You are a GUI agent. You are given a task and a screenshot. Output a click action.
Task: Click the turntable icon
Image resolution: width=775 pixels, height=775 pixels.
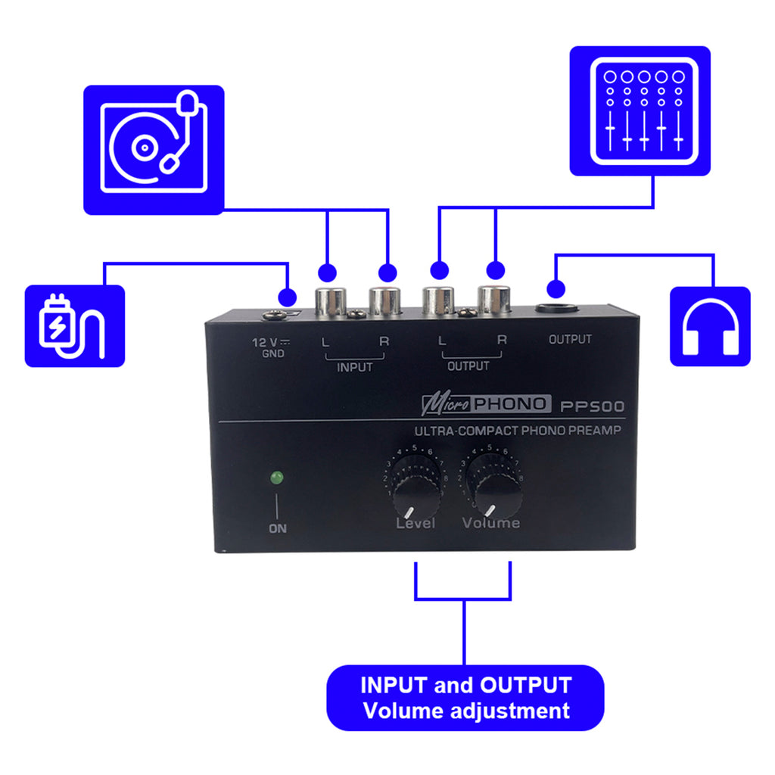tap(154, 148)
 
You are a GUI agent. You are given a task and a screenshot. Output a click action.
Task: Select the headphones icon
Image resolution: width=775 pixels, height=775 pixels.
tap(711, 326)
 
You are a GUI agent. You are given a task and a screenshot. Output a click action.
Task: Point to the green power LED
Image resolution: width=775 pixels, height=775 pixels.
tap(277, 478)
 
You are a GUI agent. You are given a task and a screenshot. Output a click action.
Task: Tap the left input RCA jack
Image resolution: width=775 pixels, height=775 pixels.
tap(331, 302)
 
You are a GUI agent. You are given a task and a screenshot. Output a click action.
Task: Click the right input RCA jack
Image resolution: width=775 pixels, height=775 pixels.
tap(385, 302)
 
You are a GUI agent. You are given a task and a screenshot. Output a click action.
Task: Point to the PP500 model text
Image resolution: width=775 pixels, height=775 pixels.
tap(593, 406)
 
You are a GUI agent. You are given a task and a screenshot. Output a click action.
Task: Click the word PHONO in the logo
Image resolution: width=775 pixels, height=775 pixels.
tap(512, 404)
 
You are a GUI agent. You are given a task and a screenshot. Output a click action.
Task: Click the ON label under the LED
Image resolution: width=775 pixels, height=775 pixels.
tap(278, 528)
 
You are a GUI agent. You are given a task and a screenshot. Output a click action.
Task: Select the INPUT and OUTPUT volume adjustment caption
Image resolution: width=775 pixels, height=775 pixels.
tap(465, 697)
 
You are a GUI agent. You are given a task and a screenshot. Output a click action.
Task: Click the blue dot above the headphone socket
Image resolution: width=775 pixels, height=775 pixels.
tap(556, 288)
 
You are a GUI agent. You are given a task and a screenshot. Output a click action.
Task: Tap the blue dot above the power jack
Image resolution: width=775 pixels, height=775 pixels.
tap(287, 296)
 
